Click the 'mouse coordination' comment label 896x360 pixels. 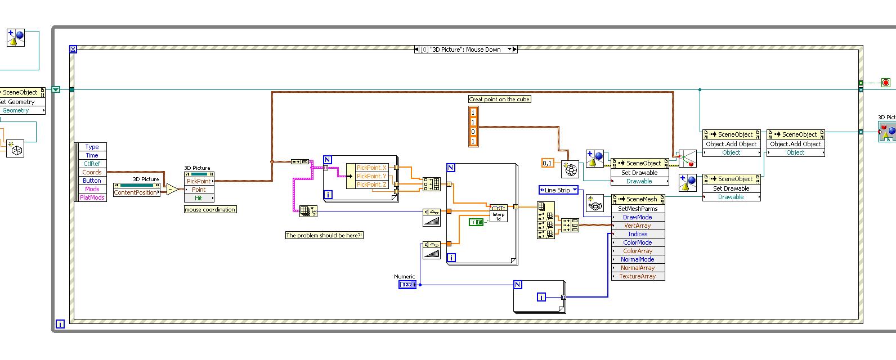(x=210, y=209)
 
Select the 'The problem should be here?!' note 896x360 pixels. (x=324, y=235)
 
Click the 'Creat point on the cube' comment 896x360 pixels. (x=500, y=99)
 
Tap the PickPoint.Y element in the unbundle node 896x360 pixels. (x=371, y=176)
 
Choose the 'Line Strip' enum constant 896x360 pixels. (x=558, y=190)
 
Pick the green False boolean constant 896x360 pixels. (x=476, y=222)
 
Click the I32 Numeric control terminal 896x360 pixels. (x=407, y=285)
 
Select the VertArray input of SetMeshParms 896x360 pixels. (x=637, y=226)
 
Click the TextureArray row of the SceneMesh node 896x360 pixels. (x=637, y=276)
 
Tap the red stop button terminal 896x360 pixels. (x=885, y=83)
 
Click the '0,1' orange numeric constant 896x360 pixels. (x=547, y=163)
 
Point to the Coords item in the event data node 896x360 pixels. (x=92, y=172)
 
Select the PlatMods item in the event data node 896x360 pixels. (x=92, y=197)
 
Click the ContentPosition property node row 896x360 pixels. (x=135, y=192)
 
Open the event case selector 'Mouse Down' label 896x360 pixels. (x=465, y=49)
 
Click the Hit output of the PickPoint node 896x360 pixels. (x=199, y=198)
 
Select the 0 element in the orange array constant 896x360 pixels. (x=473, y=132)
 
